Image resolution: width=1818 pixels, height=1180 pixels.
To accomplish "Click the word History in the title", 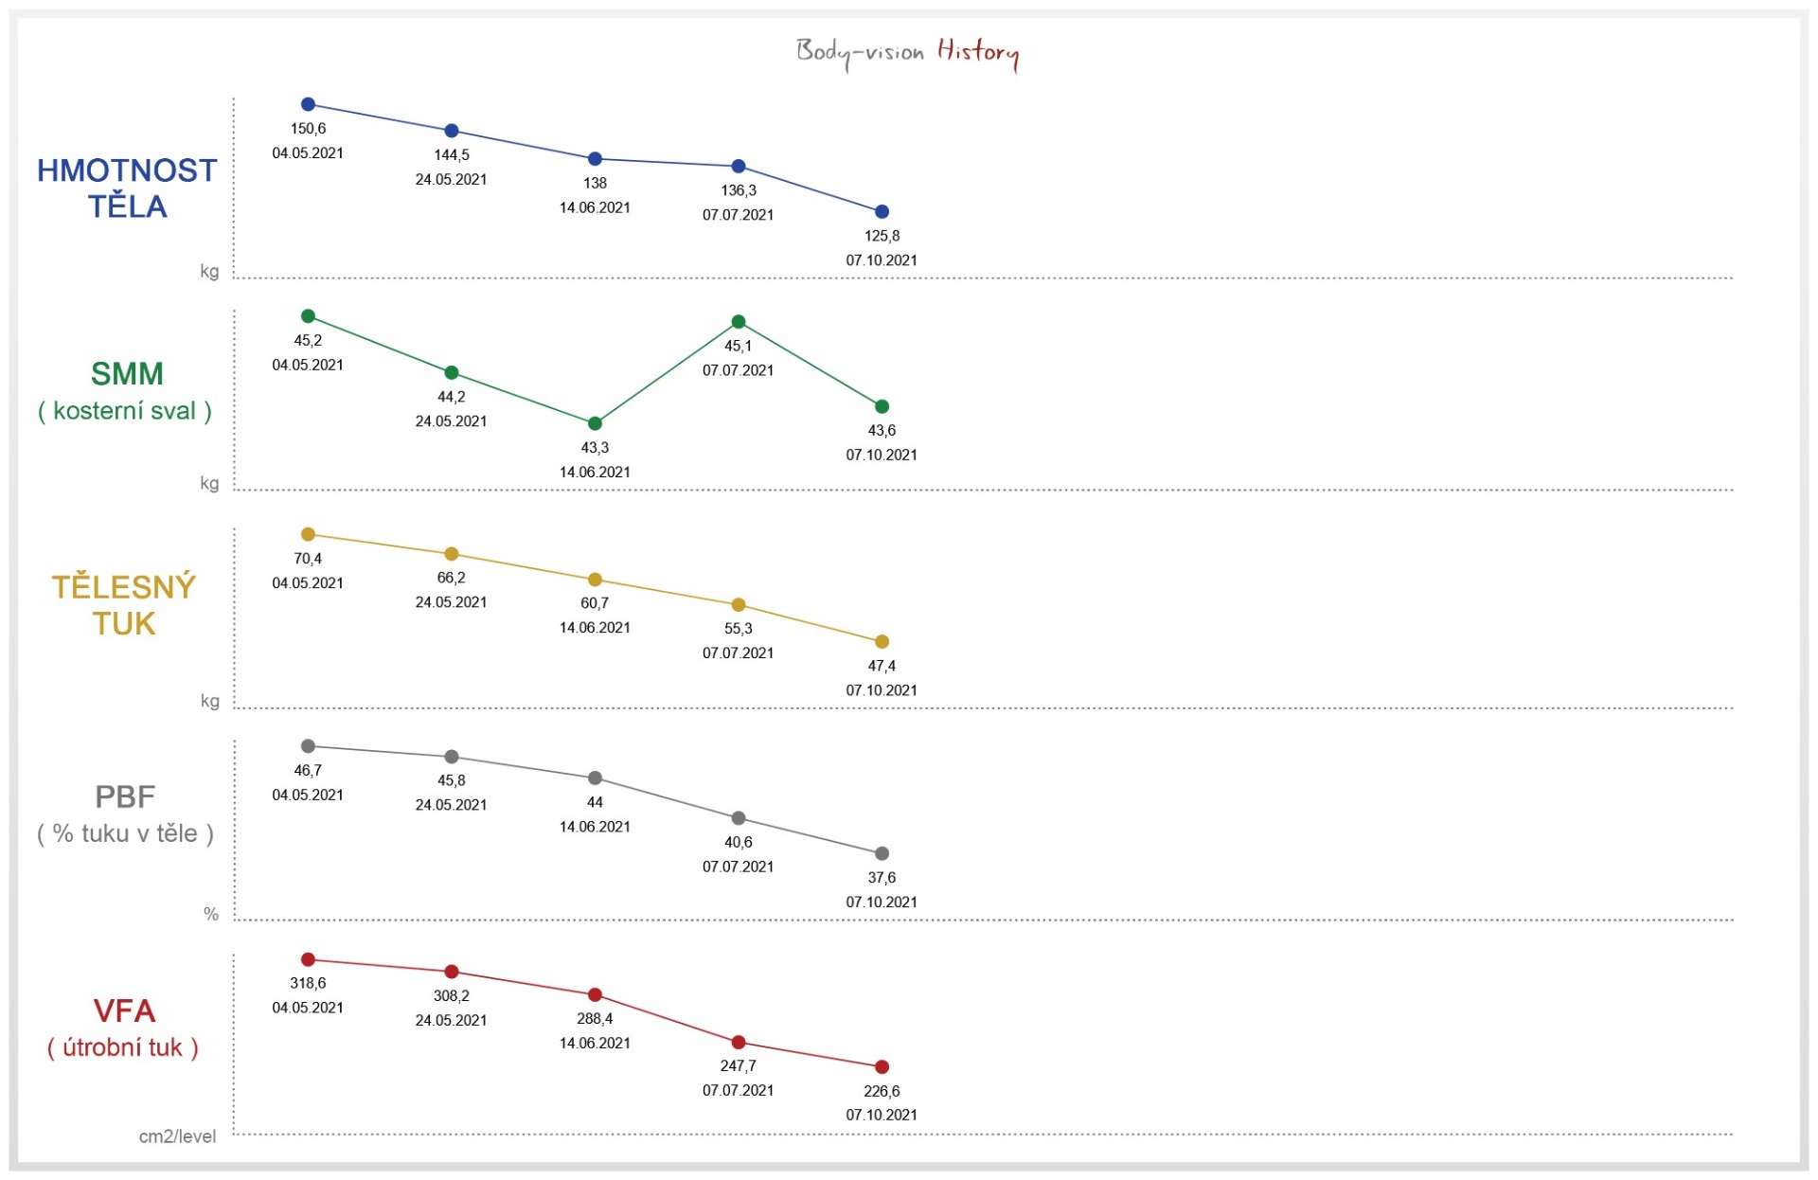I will click(978, 51).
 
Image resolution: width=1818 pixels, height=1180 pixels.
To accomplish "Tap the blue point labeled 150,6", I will click(308, 104).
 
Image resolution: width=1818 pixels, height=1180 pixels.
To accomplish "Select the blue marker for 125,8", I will click(882, 212).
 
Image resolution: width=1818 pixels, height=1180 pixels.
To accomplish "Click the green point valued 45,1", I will click(739, 322).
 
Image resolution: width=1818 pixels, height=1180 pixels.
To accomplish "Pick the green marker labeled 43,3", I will click(595, 423).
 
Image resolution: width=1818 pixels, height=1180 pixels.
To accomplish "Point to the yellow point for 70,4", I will click(308, 534).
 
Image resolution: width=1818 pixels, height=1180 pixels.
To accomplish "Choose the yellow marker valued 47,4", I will click(882, 642).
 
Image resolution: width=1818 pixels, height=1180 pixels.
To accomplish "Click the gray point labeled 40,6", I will click(739, 818).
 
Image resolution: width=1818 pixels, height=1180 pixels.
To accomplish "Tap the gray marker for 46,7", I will click(308, 746).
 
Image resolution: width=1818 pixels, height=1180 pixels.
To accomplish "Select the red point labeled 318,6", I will click(308, 959).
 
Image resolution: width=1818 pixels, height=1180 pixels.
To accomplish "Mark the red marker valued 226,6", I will click(882, 1067).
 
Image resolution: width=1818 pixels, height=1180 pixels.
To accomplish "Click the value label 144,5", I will click(452, 155).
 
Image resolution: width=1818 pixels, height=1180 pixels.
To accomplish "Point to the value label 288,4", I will click(595, 1019).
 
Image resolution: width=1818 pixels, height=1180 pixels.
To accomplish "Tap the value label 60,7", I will click(595, 603).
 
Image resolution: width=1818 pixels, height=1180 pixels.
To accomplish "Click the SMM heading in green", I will click(127, 374).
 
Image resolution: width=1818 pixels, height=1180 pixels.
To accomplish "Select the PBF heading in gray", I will click(125, 797).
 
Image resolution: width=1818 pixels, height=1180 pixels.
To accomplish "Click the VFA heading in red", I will click(124, 1011).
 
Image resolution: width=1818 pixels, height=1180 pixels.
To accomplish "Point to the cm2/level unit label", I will click(177, 1136).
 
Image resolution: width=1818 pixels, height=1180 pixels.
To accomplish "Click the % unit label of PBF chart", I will click(211, 914).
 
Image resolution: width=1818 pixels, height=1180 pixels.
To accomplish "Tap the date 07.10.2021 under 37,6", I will click(882, 903).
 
